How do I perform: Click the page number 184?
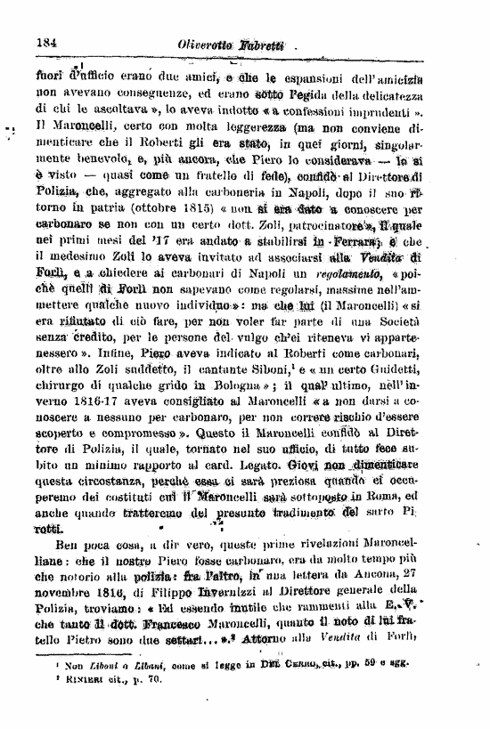click(47, 42)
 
